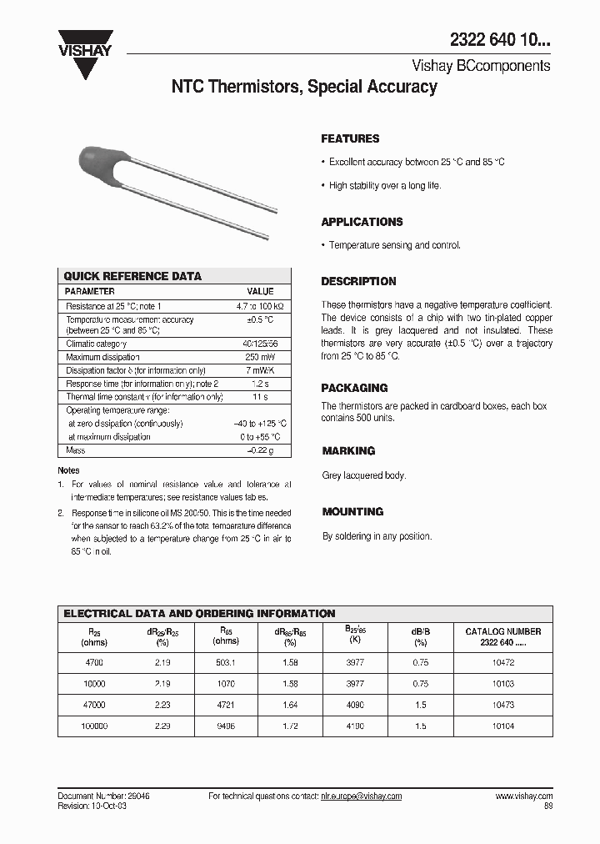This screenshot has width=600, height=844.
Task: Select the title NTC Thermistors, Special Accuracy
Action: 303,87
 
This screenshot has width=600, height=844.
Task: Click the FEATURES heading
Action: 350,138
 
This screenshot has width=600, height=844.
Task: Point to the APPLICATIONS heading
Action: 362,222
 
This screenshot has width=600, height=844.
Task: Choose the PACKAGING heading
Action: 354,388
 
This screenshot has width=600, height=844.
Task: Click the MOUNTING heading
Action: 352,511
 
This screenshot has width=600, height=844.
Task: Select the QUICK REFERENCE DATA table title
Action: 132,276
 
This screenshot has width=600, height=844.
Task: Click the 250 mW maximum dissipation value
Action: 260,357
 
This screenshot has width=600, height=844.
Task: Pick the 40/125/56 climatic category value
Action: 260,344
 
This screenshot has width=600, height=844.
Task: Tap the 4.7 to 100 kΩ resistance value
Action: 260,306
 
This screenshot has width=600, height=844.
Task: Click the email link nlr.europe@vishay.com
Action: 361,796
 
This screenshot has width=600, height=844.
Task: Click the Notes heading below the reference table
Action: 68,470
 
